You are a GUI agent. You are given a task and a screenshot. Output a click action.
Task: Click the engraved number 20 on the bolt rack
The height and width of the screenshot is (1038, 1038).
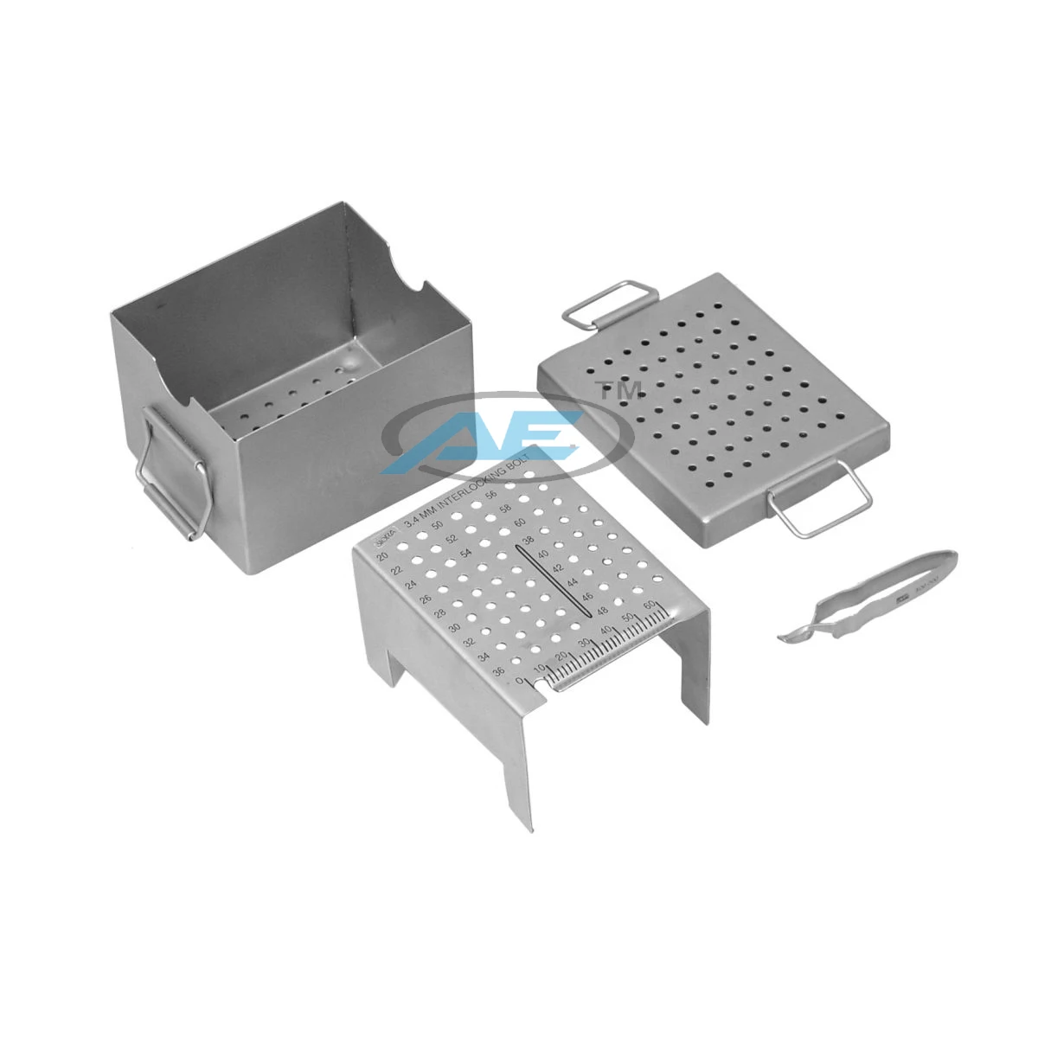coord(381,556)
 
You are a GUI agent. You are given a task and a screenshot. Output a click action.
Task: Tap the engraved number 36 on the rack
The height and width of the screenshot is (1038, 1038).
coord(498,672)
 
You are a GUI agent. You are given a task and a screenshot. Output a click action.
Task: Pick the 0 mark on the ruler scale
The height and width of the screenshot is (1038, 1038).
coord(520,681)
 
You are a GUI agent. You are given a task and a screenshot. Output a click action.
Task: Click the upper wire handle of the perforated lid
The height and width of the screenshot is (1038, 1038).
coord(603,307)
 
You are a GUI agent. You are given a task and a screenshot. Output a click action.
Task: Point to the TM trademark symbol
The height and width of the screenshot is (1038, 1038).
coord(621,390)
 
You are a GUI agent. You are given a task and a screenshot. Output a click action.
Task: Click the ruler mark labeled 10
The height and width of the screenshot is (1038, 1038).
coord(539,670)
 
